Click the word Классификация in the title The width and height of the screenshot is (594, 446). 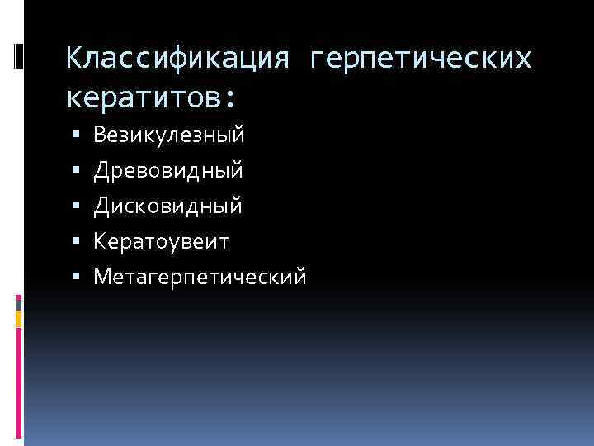177,59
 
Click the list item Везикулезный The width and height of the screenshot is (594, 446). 168,134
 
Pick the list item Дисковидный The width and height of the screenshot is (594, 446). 168,205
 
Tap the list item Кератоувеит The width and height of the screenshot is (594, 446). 162,240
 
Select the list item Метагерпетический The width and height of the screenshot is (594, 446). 200,276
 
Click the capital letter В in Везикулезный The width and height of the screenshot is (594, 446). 99,134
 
